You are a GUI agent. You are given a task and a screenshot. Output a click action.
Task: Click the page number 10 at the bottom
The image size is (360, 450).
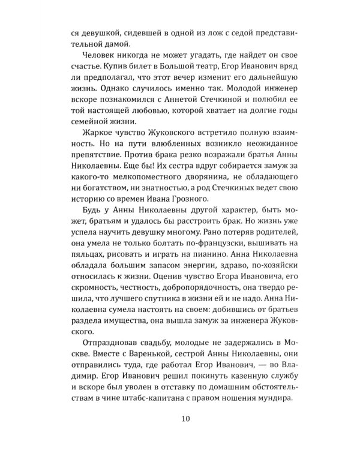coord(180,418)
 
